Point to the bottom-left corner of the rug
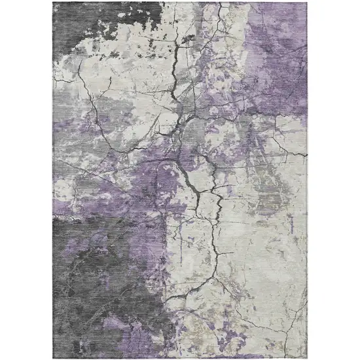53,357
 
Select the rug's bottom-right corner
308,357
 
